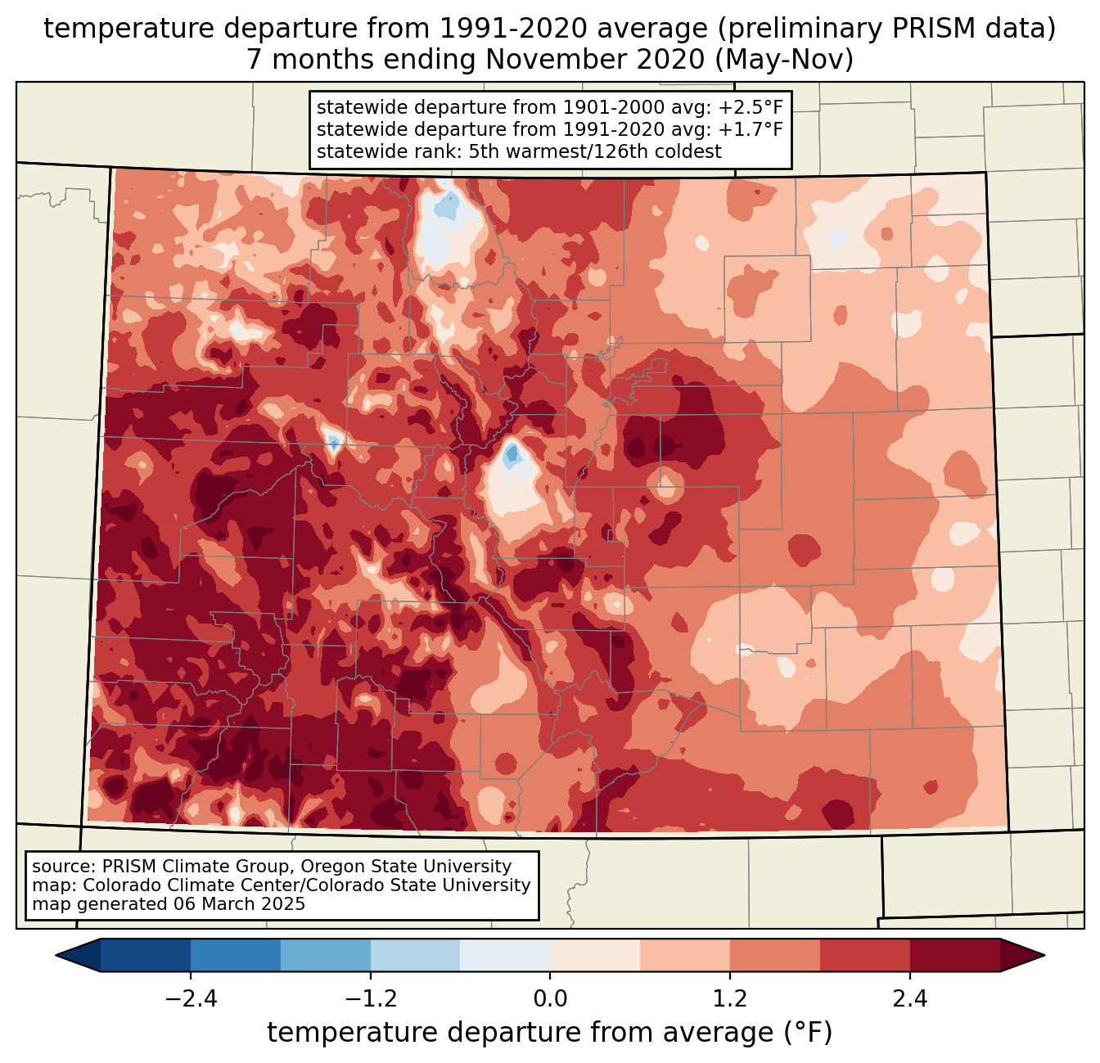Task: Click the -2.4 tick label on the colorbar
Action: click(190, 999)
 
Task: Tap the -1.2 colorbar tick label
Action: click(370, 999)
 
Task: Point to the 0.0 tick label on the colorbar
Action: click(550, 999)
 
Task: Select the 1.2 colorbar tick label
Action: click(730, 999)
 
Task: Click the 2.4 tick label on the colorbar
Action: click(910, 999)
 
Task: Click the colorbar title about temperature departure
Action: click(550, 1033)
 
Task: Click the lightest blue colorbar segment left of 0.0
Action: click(505, 955)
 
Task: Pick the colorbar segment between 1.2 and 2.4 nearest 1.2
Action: click(775, 955)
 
